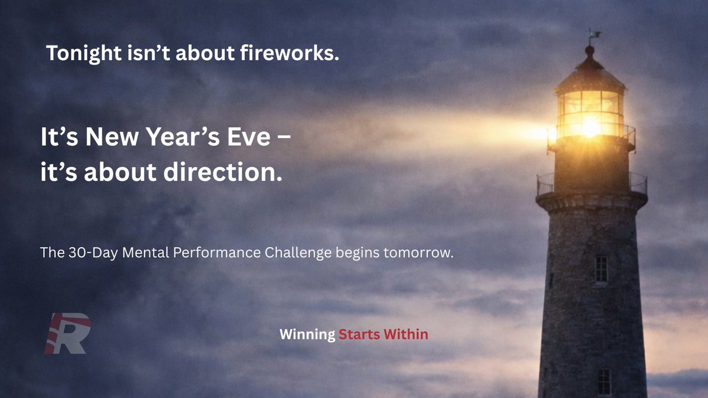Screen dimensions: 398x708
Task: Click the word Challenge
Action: tap(298, 253)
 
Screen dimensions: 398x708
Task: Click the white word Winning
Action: tap(307, 334)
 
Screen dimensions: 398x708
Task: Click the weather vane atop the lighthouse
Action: tap(591, 34)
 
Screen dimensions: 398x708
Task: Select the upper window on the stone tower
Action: tap(601, 269)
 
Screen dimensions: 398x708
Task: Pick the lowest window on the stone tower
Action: tap(603, 381)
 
